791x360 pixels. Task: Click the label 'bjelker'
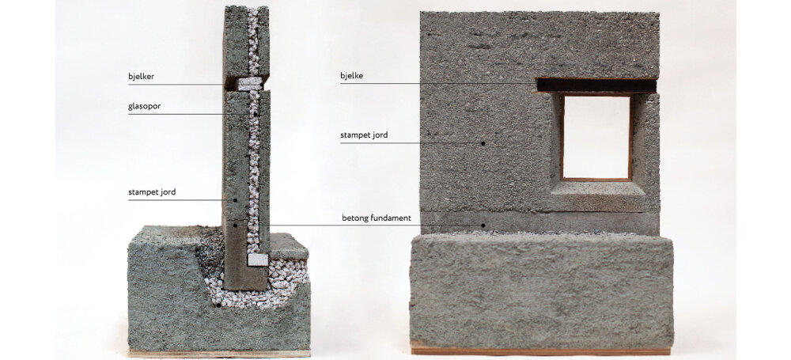tap(141, 77)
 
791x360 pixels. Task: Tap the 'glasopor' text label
tap(144, 107)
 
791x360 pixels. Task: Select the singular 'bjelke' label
tap(353, 76)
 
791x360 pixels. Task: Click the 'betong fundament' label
tap(377, 218)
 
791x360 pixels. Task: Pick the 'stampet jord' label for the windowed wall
tap(364, 135)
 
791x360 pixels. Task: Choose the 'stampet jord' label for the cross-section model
tap(152, 192)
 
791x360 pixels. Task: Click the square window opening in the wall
tap(596, 137)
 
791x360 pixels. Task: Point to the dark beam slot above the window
tap(596, 85)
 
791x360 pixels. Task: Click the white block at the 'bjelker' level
tap(250, 84)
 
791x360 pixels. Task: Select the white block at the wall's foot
tap(258, 260)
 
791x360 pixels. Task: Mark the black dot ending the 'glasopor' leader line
tap(255, 114)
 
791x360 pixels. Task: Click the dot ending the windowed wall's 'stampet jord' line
tap(483, 143)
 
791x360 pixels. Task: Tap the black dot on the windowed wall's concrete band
tap(483, 225)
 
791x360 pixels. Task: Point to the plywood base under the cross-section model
tap(219, 354)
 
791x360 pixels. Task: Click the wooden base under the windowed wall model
tap(541, 351)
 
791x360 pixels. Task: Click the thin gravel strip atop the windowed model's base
tap(539, 233)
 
